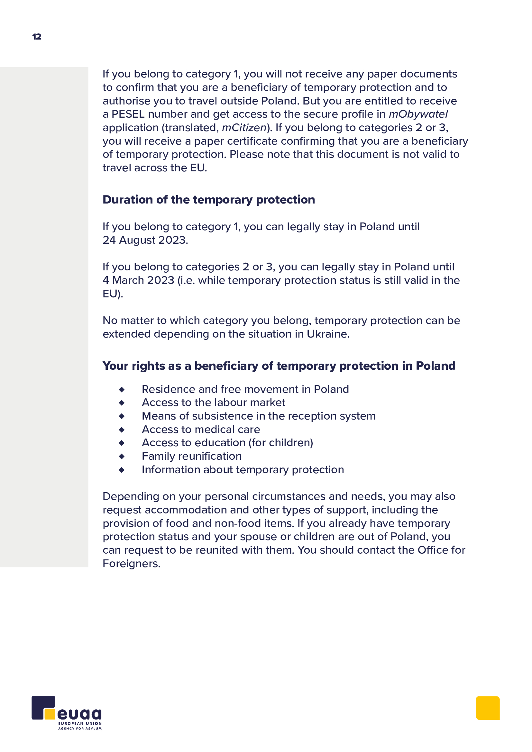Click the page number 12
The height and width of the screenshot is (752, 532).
click(x=37, y=37)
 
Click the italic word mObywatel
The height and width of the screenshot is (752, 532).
click(x=418, y=114)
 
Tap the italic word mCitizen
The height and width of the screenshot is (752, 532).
click(x=244, y=127)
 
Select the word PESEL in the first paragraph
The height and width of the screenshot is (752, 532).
click(x=128, y=114)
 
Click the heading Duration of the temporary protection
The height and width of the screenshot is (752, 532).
click(x=209, y=199)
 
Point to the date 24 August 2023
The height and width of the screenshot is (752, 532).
click(x=145, y=240)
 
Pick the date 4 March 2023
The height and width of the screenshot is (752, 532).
click(x=139, y=280)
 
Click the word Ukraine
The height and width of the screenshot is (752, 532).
click(x=327, y=334)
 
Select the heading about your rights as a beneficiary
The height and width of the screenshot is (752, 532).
click(x=279, y=366)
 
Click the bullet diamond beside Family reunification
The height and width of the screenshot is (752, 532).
click(x=122, y=456)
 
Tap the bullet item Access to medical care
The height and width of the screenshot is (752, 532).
click(x=201, y=430)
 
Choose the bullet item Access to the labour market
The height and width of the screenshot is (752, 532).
click(x=213, y=403)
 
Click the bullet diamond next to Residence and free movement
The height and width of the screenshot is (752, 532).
click(x=122, y=389)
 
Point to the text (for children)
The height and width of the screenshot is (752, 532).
click(x=281, y=443)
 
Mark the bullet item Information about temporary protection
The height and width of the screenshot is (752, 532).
click(x=243, y=470)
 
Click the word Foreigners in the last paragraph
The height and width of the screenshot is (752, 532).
click(x=131, y=564)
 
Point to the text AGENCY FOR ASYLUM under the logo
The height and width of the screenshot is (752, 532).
click(x=80, y=729)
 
